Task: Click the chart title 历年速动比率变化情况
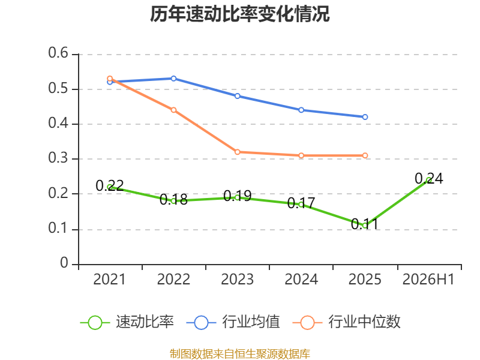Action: pyautogui.click(x=239, y=14)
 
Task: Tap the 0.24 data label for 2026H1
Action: pyautogui.click(x=428, y=178)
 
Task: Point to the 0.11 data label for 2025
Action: pyautogui.click(x=365, y=224)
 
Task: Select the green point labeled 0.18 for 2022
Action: pyautogui.click(x=173, y=201)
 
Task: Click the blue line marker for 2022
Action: pyautogui.click(x=173, y=79)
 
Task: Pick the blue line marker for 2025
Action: pyautogui.click(x=365, y=117)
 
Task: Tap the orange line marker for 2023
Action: pyautogui.click(x=237, y=152)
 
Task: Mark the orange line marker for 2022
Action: pyautogui.click(x=173, y=110)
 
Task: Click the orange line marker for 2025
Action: pyautogui.click(x=365, y=155)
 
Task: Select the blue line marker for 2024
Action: pyautogui.click(x=301, y=110)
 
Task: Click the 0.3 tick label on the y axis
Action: pyautogui.click(x=58, y=158)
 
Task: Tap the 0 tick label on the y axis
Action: pyautogui.click(x=64, y=263)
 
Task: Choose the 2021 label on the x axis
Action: pyautogui.click(x=109, y=280)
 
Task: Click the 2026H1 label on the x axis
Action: pyautogui.click(x=428, y=280)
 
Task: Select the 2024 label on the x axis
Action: pyautogui.click(x=301, y=280)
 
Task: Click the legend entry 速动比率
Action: pyautogui.click(x=127, y=322)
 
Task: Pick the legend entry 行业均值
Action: pyautogui.click(x=233, y=322)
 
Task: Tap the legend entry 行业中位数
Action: pyautogui.click(x=347, y=322)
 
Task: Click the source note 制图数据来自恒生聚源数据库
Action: pyautogui.click(x=240, y=354)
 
